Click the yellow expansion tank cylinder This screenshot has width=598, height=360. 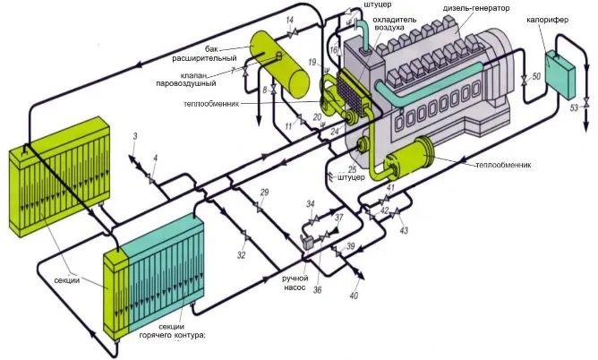coord(279,64)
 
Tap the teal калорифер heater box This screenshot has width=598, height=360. coord(560,74)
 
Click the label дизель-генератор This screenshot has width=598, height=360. coord(476,8)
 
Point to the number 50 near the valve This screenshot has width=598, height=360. coord(536,77)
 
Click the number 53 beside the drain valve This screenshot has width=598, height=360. coord(575,108)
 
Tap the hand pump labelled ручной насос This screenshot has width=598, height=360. coord(308,242)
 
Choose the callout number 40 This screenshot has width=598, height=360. coord(354,296)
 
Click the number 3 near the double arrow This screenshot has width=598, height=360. coord(135,136)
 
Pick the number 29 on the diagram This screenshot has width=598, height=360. coord(264,193)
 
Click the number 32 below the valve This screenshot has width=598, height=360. coord(241,255)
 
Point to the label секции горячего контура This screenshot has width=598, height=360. coord(172,331)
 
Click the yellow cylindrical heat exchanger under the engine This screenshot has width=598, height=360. coord(409,158)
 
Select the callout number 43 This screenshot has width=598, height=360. coord(404,230)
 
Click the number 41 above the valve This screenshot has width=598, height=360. coord(390,188)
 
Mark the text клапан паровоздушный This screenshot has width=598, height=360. coord(186,80)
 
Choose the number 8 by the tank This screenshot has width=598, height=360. coord(265,90)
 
